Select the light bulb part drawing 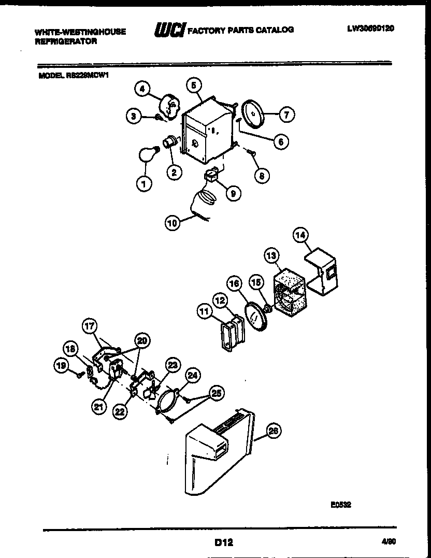point(146,154)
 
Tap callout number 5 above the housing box point(194,85)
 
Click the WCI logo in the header point(166,30)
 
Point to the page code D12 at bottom point(223,542)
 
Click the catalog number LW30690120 point(370,29)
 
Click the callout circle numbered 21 point(99,407)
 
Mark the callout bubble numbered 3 point(134,117)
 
